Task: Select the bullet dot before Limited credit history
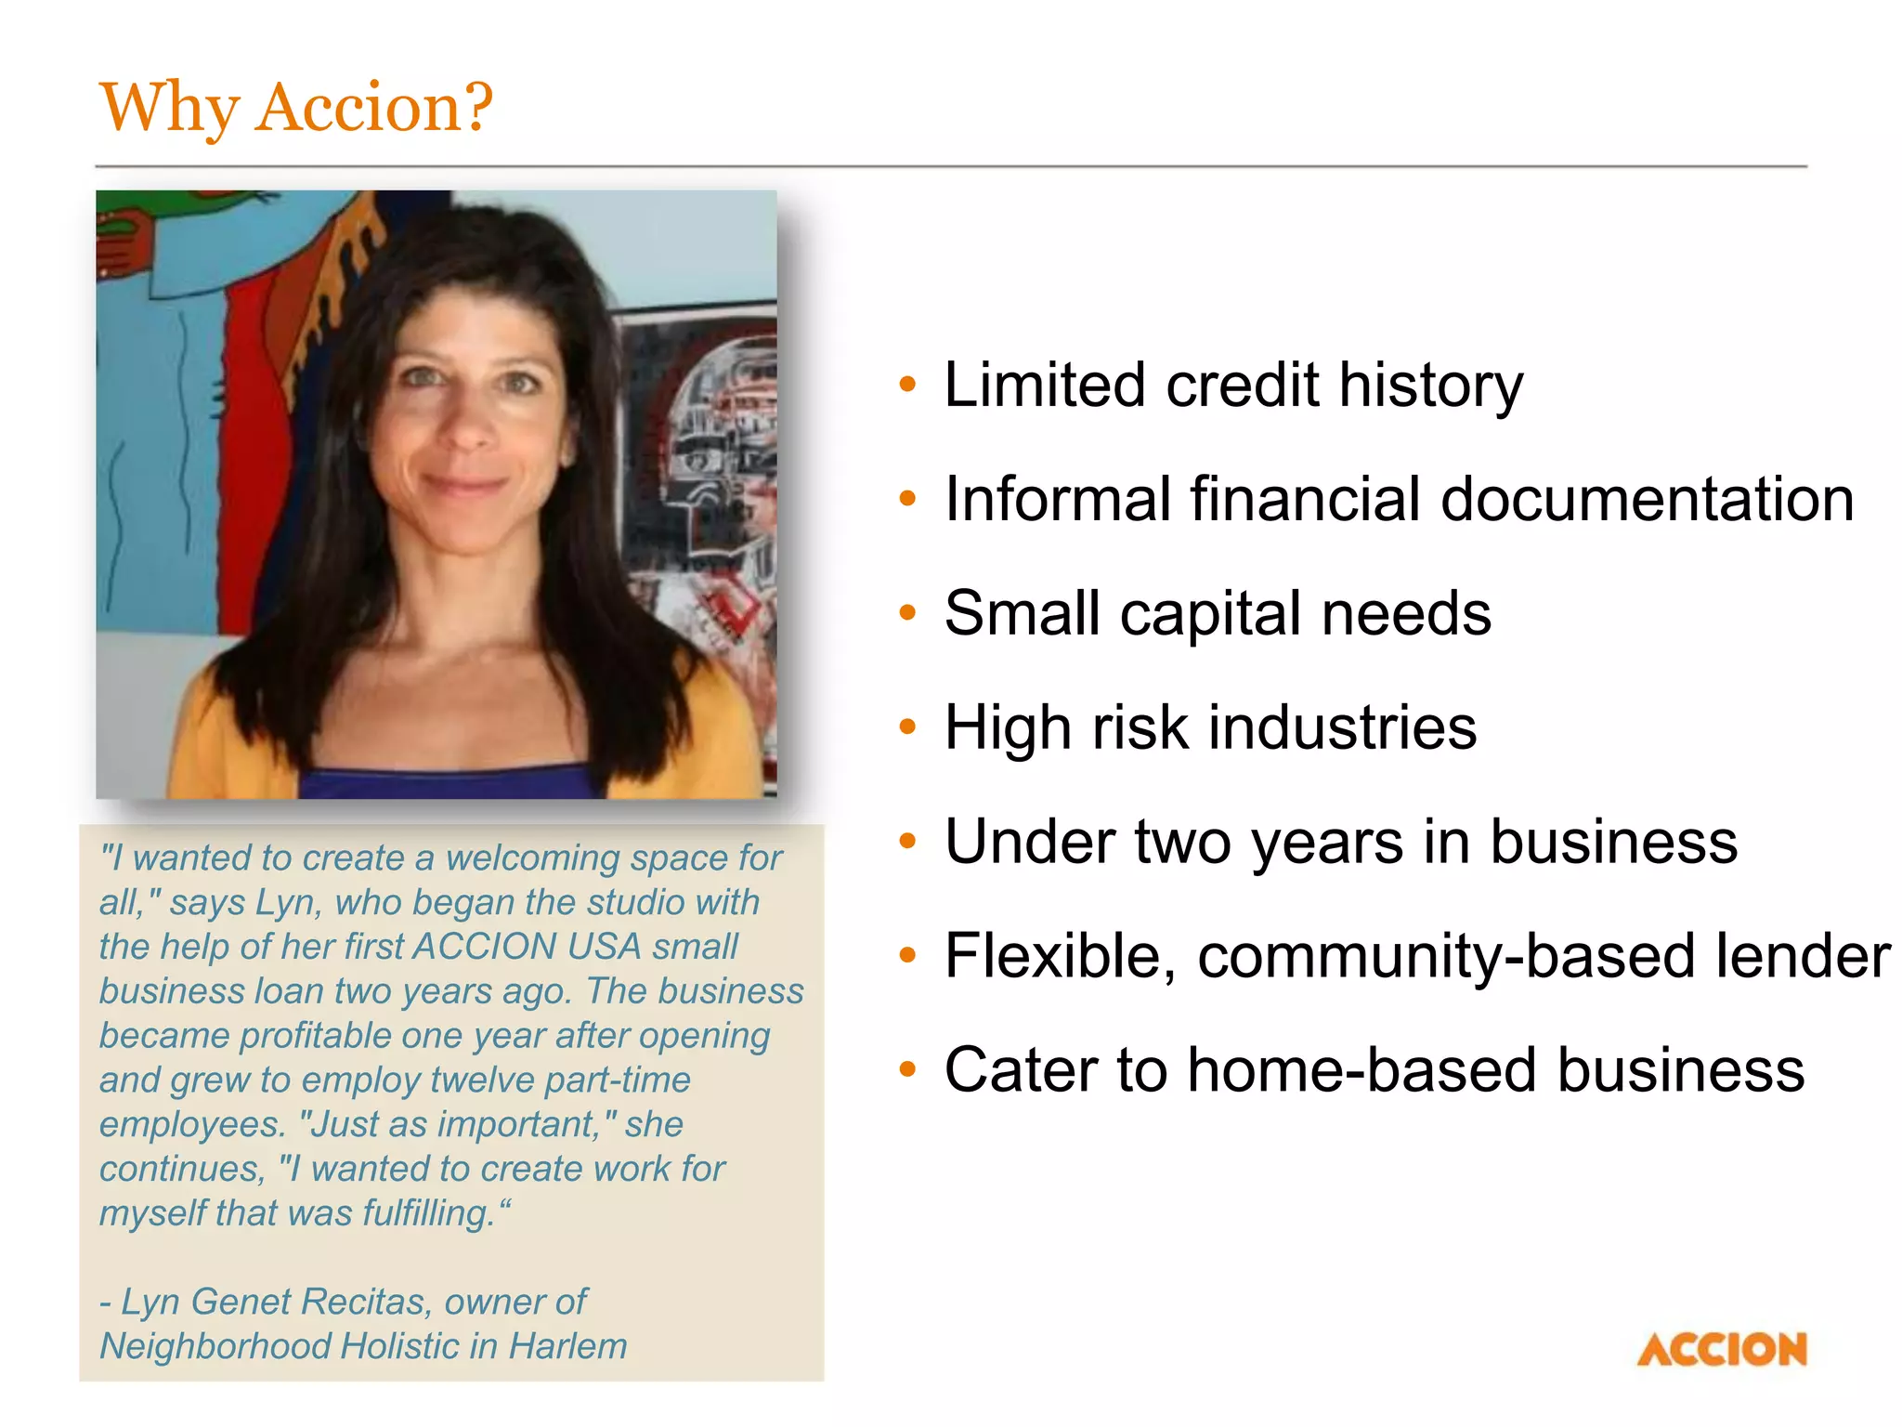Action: point(907,384)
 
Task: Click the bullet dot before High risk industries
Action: point(907,727)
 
